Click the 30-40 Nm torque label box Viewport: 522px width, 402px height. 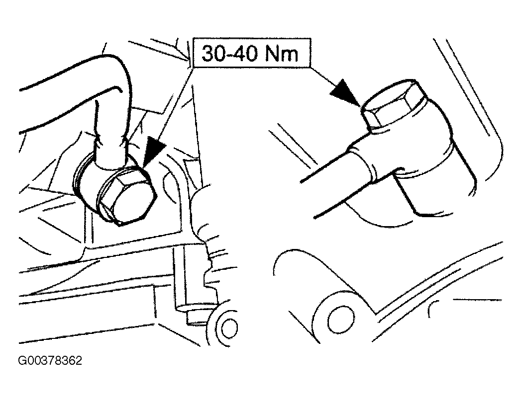[x=252, y=53]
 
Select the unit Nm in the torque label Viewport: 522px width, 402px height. [x=281, y=54]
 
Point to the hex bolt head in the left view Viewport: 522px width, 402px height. [x=127, y=197]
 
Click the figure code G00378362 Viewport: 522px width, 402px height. [x=50, y=361]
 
